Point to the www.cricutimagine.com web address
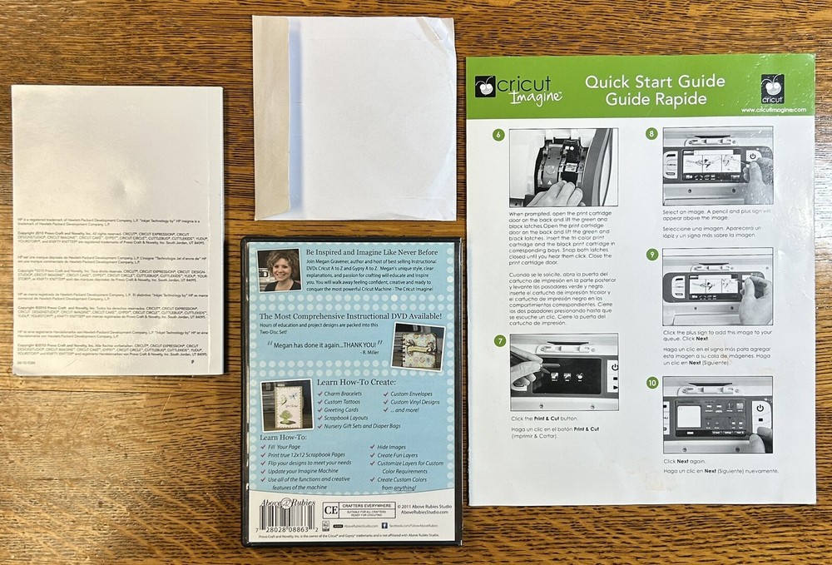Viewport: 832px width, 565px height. coord(771,110)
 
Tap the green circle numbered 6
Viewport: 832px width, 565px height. coord(498,136)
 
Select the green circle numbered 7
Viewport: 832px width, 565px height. coord(498,340)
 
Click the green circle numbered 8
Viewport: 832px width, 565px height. coord(651,133)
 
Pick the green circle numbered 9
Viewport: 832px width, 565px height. coord(651,255)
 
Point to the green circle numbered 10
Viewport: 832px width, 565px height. coord(651,383)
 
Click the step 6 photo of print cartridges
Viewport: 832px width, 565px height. coord(562,166)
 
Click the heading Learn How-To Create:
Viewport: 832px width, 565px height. coord(353,382)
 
